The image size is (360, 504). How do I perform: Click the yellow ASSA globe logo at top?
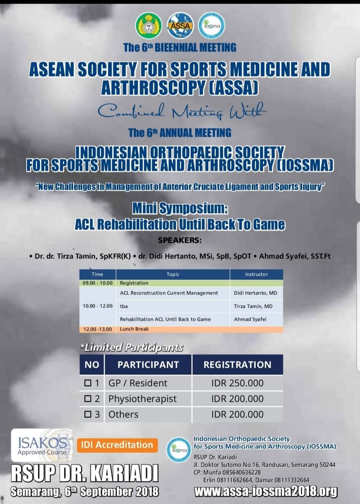pos(180,26)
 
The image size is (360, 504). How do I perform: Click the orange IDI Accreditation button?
pos(117,445)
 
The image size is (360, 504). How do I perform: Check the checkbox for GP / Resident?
pos(88,383)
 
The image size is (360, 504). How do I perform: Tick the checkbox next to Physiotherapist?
pos(88,399)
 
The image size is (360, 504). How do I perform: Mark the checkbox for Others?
pos(88,414)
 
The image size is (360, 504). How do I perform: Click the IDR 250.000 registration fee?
pos(237,383)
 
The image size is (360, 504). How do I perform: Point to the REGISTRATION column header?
pos(237,365)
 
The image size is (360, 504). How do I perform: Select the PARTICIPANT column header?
pos(148,365)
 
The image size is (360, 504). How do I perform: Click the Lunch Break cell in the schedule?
pos(134,329)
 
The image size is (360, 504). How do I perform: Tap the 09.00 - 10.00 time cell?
pos(98,283)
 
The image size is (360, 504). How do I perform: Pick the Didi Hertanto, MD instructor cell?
pos(255,293)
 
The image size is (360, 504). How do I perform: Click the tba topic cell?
pos(124,306)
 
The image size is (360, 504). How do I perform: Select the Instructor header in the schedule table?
pos(256,274)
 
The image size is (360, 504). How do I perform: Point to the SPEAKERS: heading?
pos(180,240)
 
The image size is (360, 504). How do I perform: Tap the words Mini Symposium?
pos(180,208)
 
